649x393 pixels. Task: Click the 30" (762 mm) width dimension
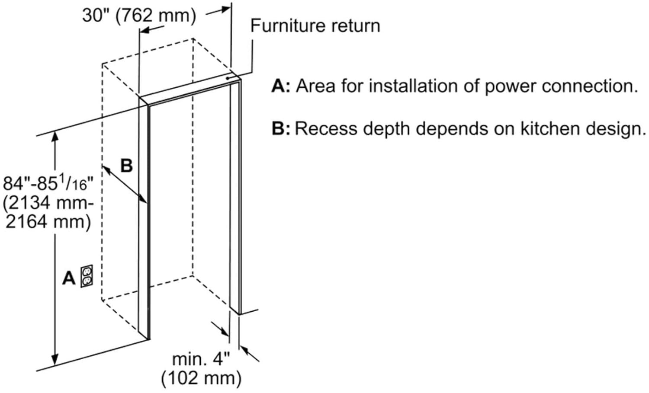coord(139,15)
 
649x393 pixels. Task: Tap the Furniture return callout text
coord(315,26)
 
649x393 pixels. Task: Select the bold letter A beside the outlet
coord(69,278)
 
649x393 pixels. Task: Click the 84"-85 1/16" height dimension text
coord(48,183)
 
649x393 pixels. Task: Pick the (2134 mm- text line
coord(48,202)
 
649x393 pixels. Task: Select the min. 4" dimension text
coord(201,359)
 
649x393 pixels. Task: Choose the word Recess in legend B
coord(326,128)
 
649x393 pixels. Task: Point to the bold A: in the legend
coord(281,86)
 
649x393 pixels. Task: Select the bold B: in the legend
coord(281,128)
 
